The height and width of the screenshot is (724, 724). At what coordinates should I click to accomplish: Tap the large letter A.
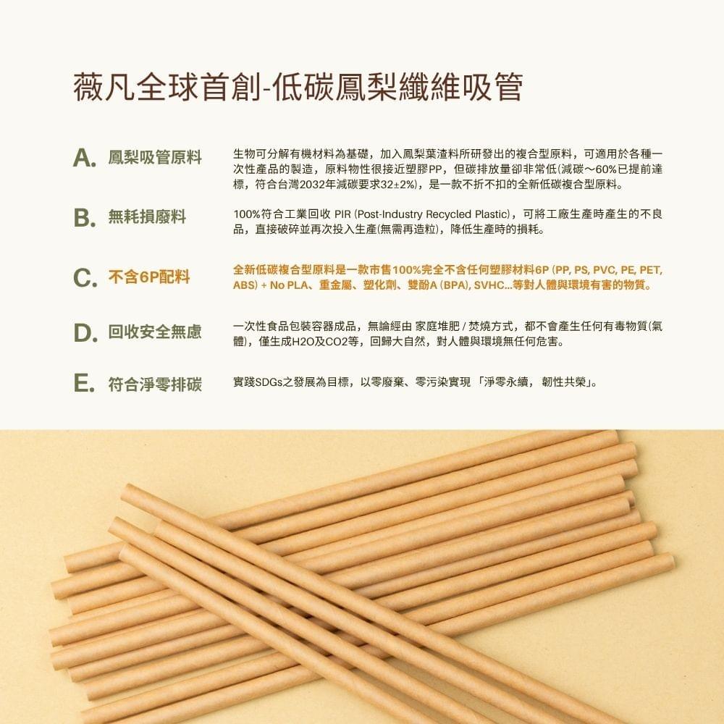tap(85, 159)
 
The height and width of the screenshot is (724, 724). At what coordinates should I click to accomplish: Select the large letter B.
tap(85, 217)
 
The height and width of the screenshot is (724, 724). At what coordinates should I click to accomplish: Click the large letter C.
tap(85, 277)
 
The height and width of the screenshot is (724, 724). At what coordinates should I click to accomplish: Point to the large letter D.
tap(85, 333)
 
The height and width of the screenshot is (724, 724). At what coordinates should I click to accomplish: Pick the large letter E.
tap(85, 384)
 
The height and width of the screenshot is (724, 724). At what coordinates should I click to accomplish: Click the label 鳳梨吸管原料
tap(155, 158)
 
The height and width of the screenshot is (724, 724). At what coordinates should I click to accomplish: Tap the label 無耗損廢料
tap(147, 216)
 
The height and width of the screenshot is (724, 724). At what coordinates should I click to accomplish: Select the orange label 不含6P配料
tap(149, 277)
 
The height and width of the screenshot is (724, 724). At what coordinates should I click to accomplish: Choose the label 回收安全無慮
tap(155, 332)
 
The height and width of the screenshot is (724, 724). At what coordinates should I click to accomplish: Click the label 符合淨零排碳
tap(155, 384)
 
